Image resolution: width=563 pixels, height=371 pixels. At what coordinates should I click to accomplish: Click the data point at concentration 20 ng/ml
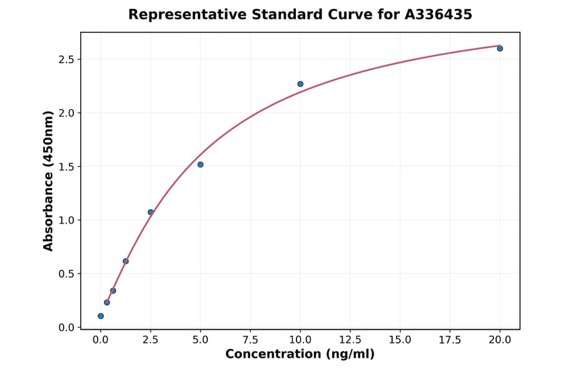click(x=500, y=48)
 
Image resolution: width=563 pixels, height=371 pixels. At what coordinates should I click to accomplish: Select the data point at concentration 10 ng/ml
click(x=300, y=84)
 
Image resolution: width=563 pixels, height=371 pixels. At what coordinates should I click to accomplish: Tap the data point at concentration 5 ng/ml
click(x=200, y=164)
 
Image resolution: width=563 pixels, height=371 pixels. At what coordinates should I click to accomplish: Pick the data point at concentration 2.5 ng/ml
click(x=151, y=212)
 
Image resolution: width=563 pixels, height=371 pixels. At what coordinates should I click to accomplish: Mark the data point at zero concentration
click(x=101, y=316)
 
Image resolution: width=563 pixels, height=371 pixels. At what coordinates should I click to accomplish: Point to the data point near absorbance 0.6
click(x=126, y=261)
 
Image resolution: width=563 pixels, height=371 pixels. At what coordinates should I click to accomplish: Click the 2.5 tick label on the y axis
click(x=66, y=59)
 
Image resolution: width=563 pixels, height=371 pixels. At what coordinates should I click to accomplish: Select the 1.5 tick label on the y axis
click(x=66, y=167)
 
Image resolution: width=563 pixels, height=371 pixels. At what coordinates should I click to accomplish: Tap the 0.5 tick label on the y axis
click(x=66, y=274)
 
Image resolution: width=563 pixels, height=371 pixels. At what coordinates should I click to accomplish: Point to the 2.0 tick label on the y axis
click(x=66, y=113)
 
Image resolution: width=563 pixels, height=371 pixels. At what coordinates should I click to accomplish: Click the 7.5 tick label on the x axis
click(x=250, y=340)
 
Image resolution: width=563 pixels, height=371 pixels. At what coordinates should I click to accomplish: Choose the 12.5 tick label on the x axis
click(x=350, y=340)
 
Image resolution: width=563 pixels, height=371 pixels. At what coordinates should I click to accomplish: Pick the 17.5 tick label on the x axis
click(x=450, y=340)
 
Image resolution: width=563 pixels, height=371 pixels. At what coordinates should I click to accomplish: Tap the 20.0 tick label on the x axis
click(x=500, y=340)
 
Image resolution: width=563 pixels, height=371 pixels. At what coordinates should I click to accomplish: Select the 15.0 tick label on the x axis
click(x=400, y=340)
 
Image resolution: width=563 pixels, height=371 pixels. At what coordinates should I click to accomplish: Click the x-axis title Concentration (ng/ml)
click(x=300, y=355)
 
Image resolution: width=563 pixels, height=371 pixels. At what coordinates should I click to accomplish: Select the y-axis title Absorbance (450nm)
click(x=49, y=181)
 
